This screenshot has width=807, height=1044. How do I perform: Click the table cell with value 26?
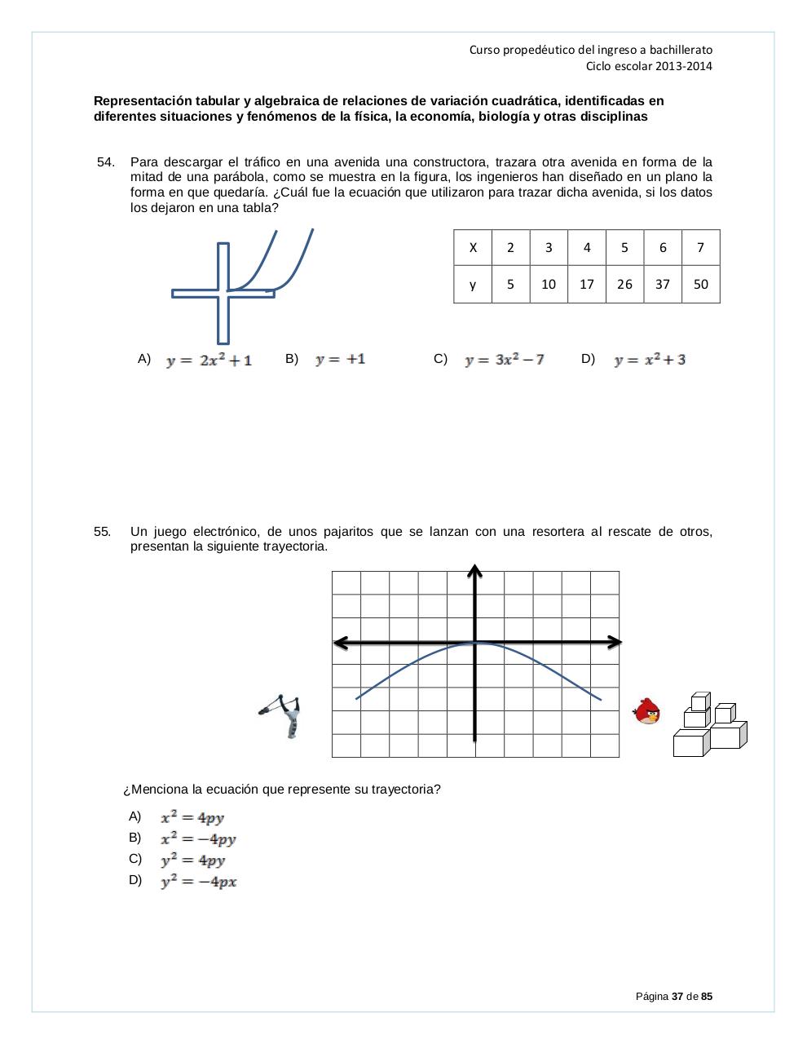pos(624,284)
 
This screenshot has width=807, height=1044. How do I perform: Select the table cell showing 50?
pos(700,284)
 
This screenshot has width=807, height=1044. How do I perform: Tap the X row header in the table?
pos(473,248)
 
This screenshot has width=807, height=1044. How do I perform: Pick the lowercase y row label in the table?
pos(473,284)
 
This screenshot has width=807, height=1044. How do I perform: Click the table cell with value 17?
pos(587,284)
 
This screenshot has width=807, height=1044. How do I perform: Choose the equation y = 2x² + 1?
pos(209,360)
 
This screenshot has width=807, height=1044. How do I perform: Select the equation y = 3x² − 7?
pos(504,360)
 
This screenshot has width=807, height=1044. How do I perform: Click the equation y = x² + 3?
pos(650,360)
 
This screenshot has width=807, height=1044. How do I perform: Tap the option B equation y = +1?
pos(340,359)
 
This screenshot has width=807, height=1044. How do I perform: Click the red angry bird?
pos(647,711)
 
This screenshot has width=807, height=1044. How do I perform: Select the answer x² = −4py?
pos(198,838)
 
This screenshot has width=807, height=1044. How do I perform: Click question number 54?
pos(106,162)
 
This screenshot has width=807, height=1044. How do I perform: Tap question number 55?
pos(103,532)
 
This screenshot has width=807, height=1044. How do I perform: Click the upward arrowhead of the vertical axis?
pos(475,569)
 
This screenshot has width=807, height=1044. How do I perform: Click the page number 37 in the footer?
pos(677,997)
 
